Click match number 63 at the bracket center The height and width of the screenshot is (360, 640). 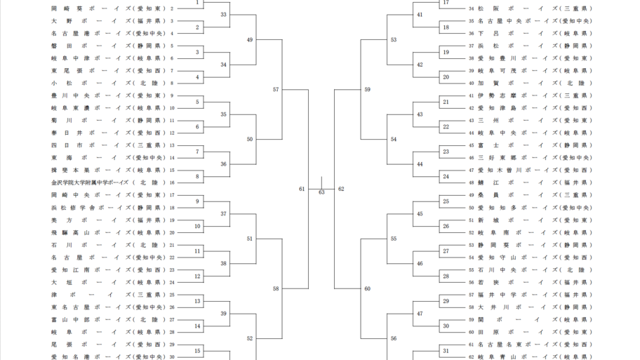click(x=321, y=192)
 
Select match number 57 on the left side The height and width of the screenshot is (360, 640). click(x=276, y=89)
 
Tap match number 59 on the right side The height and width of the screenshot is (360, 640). click(x=368, y=89)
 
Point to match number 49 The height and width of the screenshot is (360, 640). click(x=250, y=40)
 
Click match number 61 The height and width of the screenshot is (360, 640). click(x=302, y=189)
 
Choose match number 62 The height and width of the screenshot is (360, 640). click(x=341, y=189)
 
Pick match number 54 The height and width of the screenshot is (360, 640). click(x=394, y=139)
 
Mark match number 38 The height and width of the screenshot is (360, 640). click(x=224, y=263)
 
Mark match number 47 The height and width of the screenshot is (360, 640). click(x=420, y=313)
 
